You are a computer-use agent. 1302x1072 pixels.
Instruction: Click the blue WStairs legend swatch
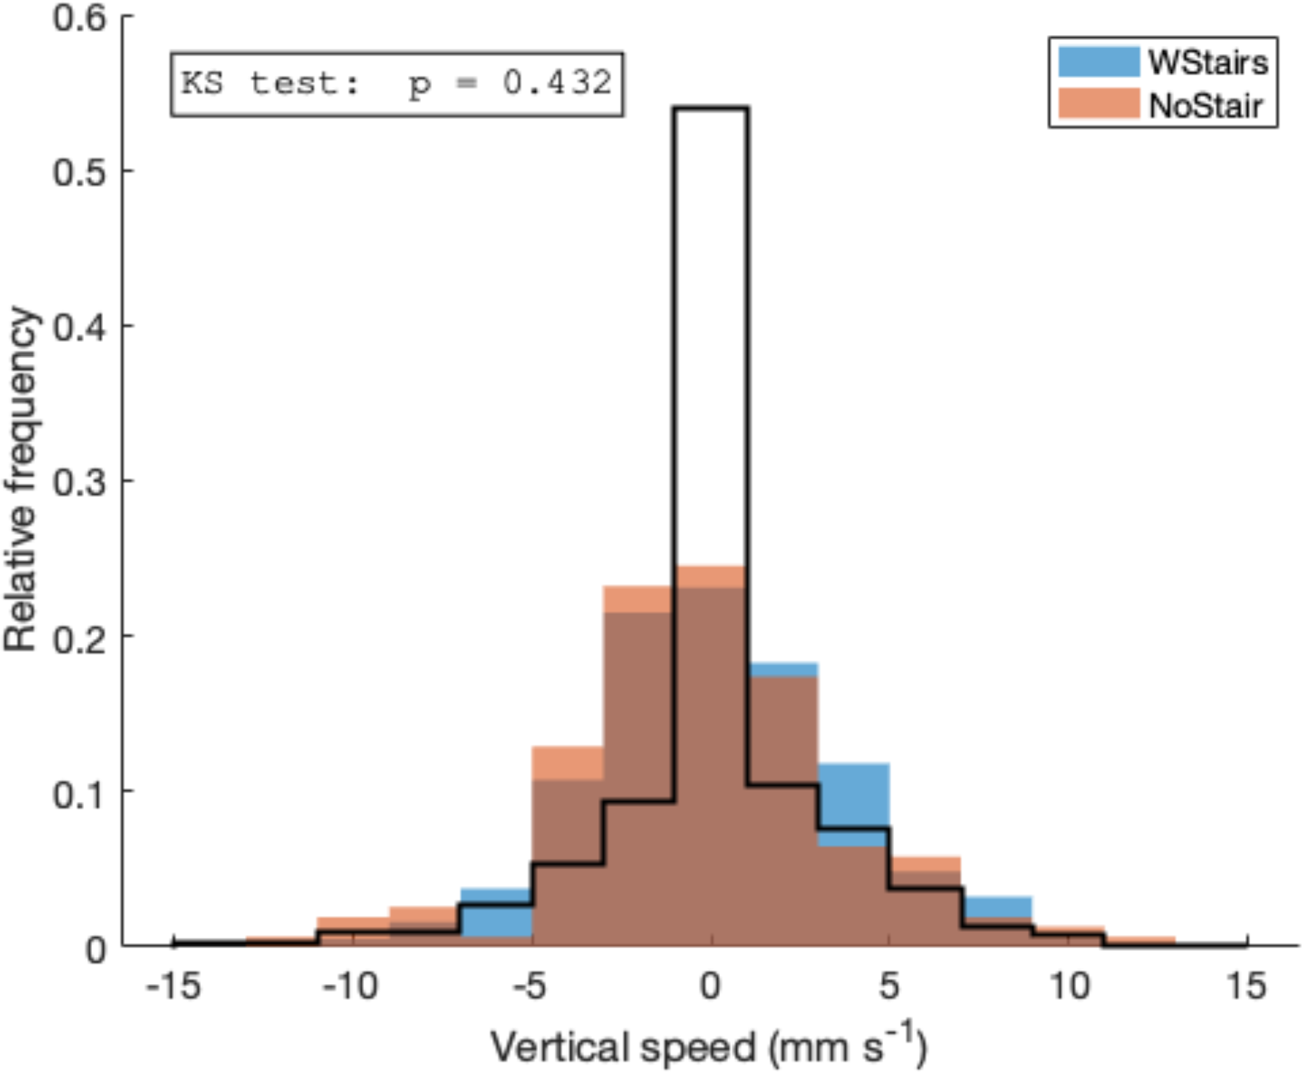point(1099,62)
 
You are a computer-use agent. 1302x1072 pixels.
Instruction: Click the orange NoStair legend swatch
point(1099,104)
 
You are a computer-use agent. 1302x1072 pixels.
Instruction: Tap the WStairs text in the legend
point(1208,62)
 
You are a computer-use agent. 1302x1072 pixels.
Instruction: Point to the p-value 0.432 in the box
point(556,83)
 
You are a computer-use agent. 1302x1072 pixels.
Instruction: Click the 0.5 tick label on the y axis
point(80,172)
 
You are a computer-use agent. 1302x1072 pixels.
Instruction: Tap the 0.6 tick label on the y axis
point(80,18)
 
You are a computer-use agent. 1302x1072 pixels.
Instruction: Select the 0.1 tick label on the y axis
point(80,793)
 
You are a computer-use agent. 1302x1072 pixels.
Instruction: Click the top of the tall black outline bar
point(711,108)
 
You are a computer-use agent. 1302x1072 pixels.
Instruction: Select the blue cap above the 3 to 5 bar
point(854,795)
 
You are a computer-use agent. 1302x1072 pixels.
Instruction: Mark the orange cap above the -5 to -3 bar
point(567,763)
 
